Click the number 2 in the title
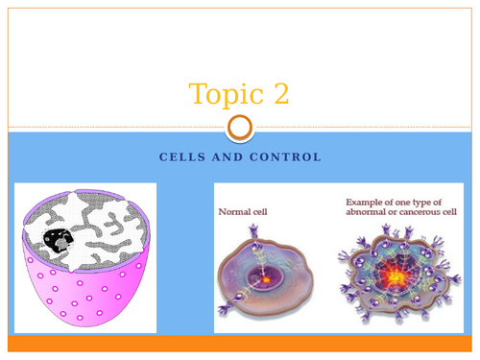tap(278, 95)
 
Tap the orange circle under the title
tap(241, 128)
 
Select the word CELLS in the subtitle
tap(181, 156)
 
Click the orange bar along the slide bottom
tap(240, 343)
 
